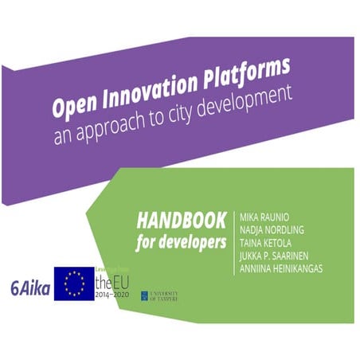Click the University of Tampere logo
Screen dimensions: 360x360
[158, 295]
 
